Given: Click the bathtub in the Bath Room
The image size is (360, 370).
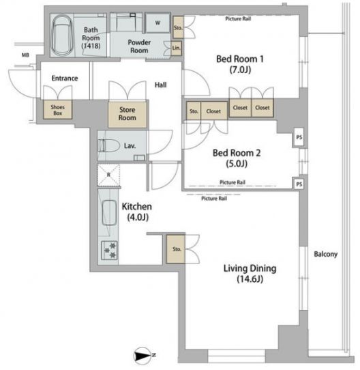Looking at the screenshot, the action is [x=62, y=35].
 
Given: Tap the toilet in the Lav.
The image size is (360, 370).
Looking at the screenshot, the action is [x=108, y=146].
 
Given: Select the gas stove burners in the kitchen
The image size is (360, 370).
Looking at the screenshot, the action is [x=109, y=250].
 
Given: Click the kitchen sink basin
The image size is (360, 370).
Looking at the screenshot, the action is [x=109, y=212].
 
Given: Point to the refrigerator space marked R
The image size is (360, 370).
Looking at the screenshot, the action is [x=108, y=175].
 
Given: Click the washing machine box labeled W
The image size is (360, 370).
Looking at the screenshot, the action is [x=157, y=23].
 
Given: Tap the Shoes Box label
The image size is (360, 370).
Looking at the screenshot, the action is [x=58, y=110].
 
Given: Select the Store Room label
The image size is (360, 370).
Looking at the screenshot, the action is [x=127, y=113].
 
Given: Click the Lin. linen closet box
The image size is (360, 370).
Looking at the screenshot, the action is [x=176, y=48].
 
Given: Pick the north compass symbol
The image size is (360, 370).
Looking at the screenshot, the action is [x=143, y=355].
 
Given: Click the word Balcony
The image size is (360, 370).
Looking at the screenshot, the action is [x=326, y=254].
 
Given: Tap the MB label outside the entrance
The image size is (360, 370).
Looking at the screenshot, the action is [x=25, y=55].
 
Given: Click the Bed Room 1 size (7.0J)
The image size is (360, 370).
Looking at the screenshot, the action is [x=240, y=70].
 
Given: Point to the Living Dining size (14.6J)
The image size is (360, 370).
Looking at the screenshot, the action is [x=250, y=279].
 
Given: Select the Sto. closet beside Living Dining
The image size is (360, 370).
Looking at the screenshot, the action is [x=176, y=249].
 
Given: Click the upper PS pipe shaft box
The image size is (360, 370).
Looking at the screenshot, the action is [x=299, y=137].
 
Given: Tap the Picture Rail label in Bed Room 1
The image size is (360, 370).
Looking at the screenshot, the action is [x=238, y=18].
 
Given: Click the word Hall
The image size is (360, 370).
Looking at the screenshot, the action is [x=160, y=85].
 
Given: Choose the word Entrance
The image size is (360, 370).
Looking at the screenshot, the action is [x=65, y=78].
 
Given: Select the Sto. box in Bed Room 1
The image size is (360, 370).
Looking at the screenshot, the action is [x=178, y=27].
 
